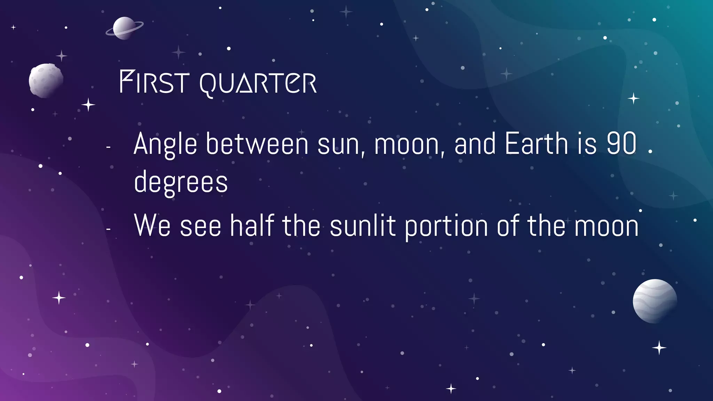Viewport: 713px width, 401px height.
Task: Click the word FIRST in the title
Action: (154, 82)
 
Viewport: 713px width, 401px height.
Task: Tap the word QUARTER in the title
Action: (258, 84)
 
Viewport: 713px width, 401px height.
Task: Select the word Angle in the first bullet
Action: (165, 144)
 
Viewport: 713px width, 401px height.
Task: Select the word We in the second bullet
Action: (152, 226)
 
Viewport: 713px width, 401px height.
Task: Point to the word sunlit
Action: (362, 226)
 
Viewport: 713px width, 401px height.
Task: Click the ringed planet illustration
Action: (124, 28)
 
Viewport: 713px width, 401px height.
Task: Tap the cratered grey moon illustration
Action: (46, 80)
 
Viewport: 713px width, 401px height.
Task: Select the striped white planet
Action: (655, 301)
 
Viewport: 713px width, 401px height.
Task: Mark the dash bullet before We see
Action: (108, 229)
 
